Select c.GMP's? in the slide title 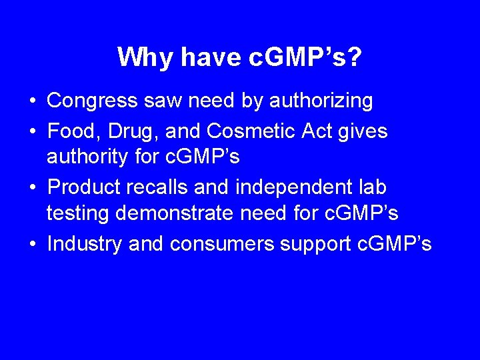(305, 57)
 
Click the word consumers (222, 244)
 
